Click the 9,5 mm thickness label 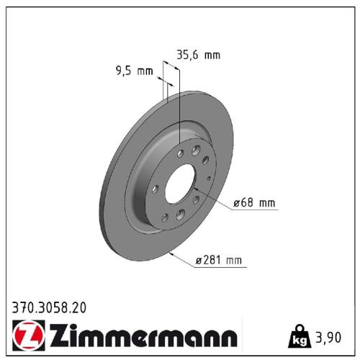click(135, 71)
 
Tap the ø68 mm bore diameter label click(256, 203)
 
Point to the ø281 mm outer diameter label click(220, 260)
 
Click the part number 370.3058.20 click(50, 307)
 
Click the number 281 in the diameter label click(215, 260)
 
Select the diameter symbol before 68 click(239, 204)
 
